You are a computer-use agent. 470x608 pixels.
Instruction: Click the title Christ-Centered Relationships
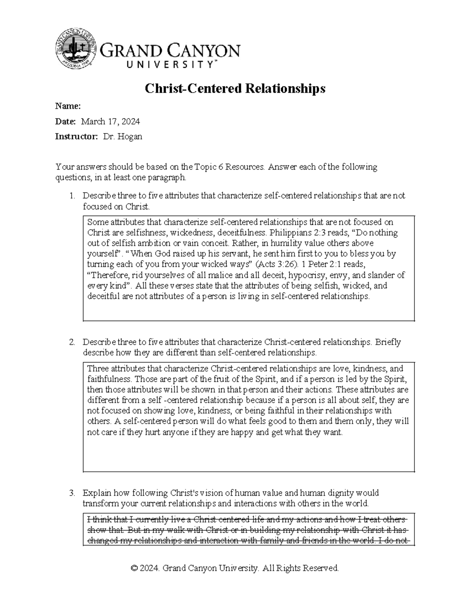(x=235, y=89)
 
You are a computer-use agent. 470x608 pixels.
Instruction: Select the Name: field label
(x=68, y=106)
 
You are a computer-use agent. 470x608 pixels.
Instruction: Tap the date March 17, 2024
(x=110, y=121)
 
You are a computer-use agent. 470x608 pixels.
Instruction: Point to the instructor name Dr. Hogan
(x=123, y=137)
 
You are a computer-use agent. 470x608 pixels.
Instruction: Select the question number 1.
(x=71, y=196)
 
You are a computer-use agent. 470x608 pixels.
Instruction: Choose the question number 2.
(x=71, y=342)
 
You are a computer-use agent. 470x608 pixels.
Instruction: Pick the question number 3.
(x=71, y=493)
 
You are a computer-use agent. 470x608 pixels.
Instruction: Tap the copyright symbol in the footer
(x=134, y=568)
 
